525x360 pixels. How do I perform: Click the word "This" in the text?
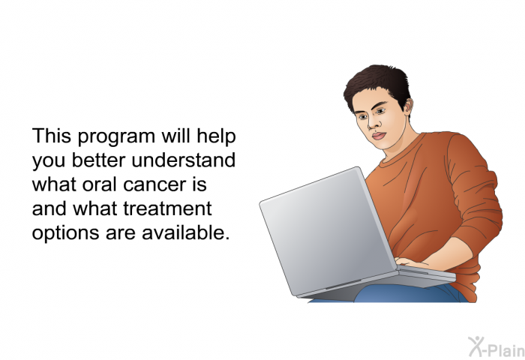coord(52,136)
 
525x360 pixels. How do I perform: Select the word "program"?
coord(116,138)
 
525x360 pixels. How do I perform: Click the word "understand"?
coord(184,160)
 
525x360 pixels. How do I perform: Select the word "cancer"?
coord(154,185)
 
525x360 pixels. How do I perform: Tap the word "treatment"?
coord(167,208)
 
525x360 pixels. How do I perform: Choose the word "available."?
coord(186,232)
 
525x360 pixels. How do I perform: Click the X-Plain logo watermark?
coord(496,346)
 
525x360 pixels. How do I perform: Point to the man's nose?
coord(372,124)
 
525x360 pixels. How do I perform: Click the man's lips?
coord(378,136)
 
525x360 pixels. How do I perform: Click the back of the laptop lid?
coord(326,231)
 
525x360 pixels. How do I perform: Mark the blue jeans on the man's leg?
coord(409,293)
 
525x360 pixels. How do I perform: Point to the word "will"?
coord(175,136)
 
